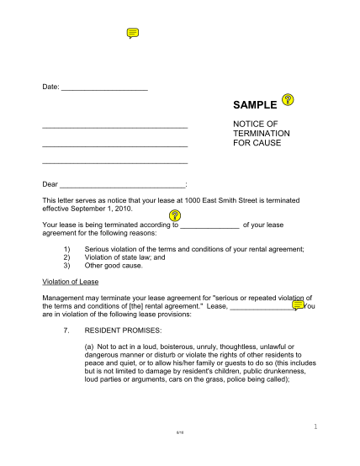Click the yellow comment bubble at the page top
pos(132,33)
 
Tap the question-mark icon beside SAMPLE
pos(288,100)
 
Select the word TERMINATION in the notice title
pos(262,133)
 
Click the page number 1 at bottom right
pos(314,451)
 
